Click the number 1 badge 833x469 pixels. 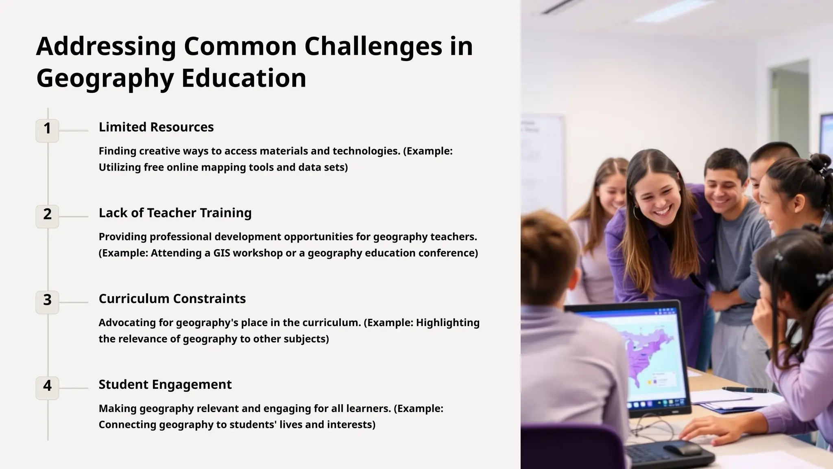(x=47, y=130)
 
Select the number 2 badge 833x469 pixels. (x=47, y=216)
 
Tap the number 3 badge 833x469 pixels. (x=47, y=302)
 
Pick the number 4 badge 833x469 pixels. (x=47, y=388)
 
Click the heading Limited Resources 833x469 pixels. (x=156, y=127)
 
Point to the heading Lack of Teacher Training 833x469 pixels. (x=175, y=213)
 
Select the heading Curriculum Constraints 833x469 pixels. (x=172, y=299)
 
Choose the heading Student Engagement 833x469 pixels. (x=165, y=385)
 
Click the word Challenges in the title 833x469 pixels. (x=373, y=46)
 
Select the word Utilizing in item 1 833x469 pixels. (x=120, y=167)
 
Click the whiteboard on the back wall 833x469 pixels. (x=543, y=163)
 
